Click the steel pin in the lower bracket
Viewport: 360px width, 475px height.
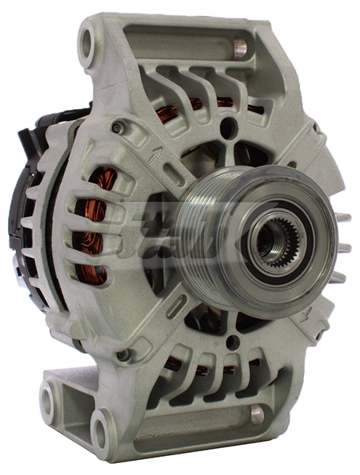click(256, 414)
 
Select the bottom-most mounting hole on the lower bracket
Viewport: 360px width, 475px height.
click(100, 435)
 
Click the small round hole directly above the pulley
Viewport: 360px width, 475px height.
click(229, 126)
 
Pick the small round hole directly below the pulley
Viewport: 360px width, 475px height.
click(233, 342)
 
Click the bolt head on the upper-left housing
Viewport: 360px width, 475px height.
click(118, 127)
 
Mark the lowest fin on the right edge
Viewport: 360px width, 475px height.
click(339, 277)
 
